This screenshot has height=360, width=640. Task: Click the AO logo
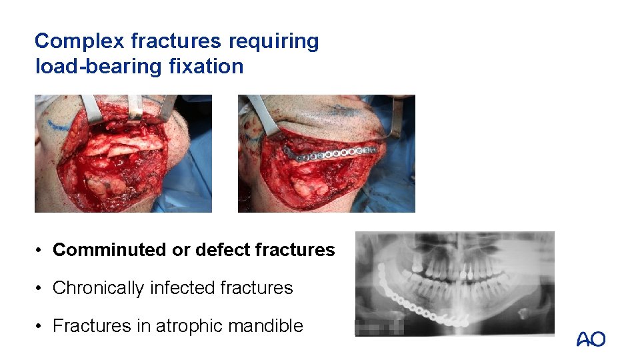pos(591,339)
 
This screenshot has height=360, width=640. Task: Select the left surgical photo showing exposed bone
pos(123,153)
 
